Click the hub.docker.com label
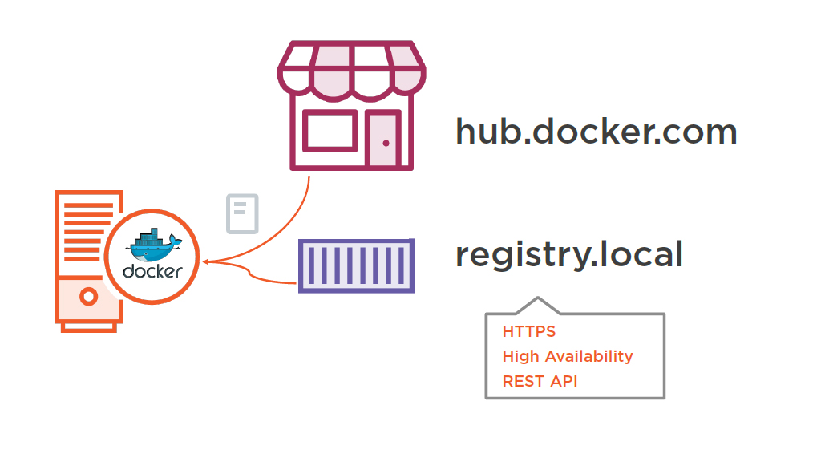(x=596, y=131)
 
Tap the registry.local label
(x=569, y=255)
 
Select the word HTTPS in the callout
(x=529, y=331)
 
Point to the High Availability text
(x=568, y=356)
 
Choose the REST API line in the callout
(x=540, y=381)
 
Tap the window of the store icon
(x=329, y=130)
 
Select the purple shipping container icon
(x=356, y=265)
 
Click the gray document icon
(x=243, y=213)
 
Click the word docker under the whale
(x=152, y=272)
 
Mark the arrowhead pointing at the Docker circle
(x=207, y=261)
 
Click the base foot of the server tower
(x=88, y=326)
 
